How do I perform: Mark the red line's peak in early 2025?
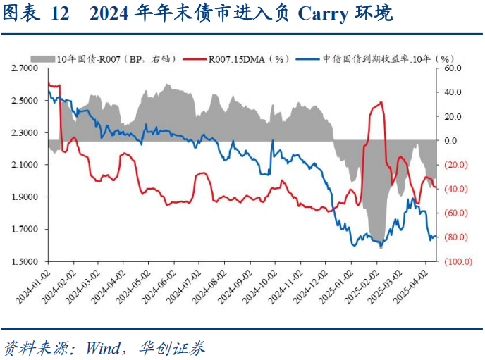381,102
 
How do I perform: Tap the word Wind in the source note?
103,347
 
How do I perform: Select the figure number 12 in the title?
61,13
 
